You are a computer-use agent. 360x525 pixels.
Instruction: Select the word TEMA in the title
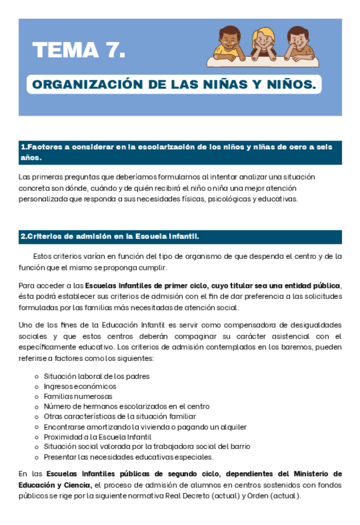point(64,50)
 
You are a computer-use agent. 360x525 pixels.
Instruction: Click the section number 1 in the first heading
point(23,147)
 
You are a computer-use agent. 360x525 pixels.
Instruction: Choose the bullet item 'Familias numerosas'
point(78,396)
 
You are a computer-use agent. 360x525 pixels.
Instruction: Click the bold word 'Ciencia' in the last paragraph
point(77,485)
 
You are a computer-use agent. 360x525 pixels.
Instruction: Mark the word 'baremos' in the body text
point(299,348)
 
